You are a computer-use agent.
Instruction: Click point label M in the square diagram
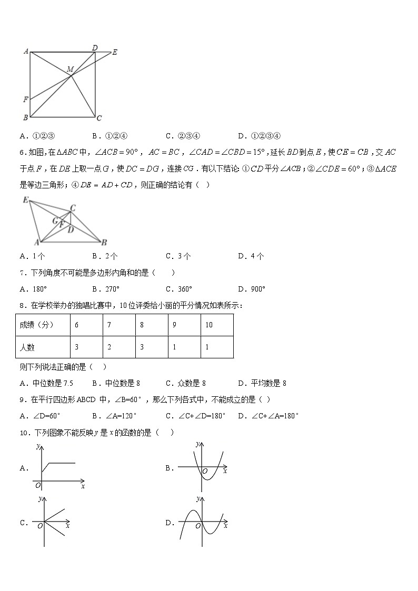[x=69, y=69]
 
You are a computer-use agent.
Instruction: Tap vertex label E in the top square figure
[x=115, y=52]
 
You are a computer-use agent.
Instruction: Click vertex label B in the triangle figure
[x=104, y=242]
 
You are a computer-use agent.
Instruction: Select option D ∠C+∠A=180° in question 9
[x=268, y=416]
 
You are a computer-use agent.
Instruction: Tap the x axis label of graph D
[x=225, y=526]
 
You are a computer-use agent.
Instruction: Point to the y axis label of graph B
[x=197, y=444]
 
